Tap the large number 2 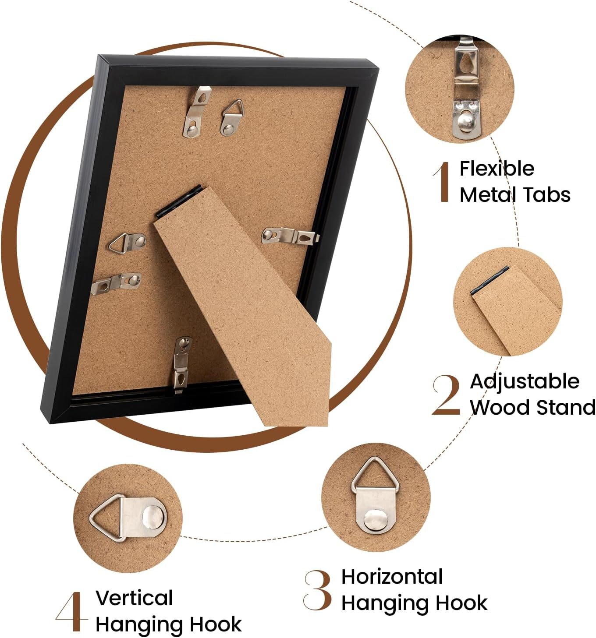pyautogui.click(x=446, y=395)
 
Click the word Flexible pyautogui.click(x=497, y=169)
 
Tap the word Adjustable pyautogui.click(x=524, y=382)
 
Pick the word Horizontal pyautogui.click(x=392, y=577)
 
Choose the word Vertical pyautogui.click(x=134, y=598)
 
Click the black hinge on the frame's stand pyautogui.click(x=179, y=201)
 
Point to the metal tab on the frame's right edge pyautogui.click(x=290, y=237)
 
